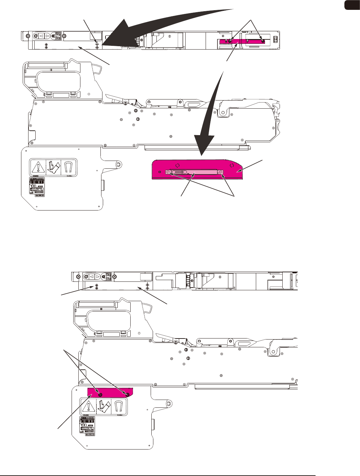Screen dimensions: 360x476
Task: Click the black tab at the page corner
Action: (x=352, y=5)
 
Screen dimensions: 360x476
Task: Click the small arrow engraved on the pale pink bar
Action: (x=179, y=172)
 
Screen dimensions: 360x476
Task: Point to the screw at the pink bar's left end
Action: (x=168, y=172)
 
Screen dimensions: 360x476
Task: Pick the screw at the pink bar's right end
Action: (x=221, y=172)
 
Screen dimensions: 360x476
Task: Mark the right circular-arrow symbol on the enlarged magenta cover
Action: (x=231, y=166)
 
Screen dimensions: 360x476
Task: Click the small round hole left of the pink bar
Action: (x=160, y=172)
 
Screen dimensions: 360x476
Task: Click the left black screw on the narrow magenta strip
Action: (x=230, y=41)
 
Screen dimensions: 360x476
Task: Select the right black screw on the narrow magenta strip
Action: (x=263, y=41)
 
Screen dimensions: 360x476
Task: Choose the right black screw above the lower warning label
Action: (x=127, y=395)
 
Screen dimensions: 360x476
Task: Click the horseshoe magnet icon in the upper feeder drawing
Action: (x=69, y=167)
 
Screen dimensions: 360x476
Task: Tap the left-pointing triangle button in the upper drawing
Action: (x=41, y=36)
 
